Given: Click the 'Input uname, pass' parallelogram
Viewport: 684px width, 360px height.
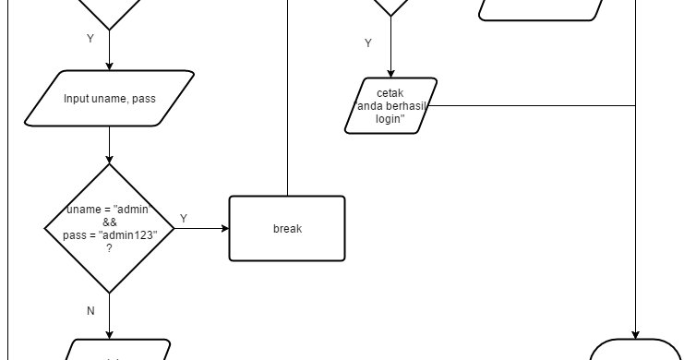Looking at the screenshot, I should coord(109,98).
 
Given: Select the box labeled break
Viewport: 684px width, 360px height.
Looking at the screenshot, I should coord(286,229).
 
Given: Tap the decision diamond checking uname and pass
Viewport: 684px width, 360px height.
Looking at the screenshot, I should coord(109,229).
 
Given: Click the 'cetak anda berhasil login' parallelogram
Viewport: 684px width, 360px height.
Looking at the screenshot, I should coord(390,105).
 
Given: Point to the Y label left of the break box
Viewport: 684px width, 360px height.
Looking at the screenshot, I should coord(183,219).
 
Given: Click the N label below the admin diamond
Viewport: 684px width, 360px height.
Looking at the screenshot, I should coord(90,311).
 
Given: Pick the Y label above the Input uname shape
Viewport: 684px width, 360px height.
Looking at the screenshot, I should coord(90,39).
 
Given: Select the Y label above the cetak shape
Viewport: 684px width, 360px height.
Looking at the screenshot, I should coord(368,43).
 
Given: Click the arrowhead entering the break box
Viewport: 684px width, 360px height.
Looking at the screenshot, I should coord(224,229).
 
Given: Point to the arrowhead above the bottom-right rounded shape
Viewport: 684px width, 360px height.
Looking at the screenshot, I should coord(636,334).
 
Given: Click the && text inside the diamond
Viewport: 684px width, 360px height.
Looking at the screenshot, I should coord(109,222).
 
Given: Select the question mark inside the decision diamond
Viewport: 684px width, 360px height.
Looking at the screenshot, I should coord(109,248).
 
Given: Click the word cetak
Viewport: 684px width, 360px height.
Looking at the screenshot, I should coord(390,93).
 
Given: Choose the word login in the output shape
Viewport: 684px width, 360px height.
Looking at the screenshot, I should coord(390,118).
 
